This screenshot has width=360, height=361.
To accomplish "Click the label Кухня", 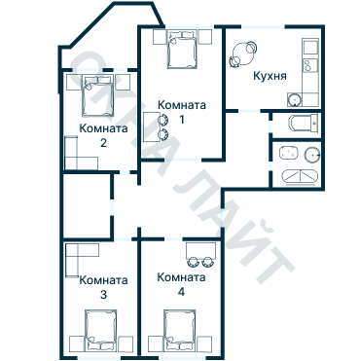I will click(269, 77).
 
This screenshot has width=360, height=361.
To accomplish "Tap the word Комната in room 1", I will click(181, 106).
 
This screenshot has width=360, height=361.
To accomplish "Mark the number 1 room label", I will click(181, 119).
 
